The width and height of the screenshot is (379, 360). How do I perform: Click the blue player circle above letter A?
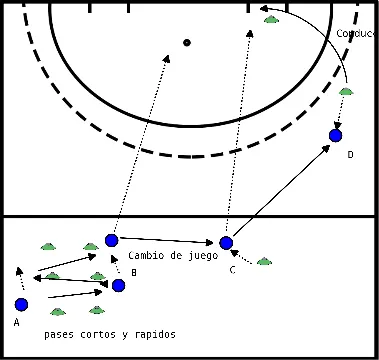coord(21,304)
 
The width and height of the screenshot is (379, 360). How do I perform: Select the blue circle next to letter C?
coord(226,243)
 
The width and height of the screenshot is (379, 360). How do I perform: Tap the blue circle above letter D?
coord(335,135)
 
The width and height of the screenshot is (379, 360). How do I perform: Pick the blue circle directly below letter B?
coord(118,286)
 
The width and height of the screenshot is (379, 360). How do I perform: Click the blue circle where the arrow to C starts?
coord(111,240)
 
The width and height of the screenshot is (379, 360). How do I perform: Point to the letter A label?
coord(17,323)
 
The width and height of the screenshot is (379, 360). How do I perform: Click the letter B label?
coord(133,271)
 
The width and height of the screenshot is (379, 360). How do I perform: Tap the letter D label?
coord(350,155)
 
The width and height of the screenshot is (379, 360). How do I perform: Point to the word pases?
coord(60,334)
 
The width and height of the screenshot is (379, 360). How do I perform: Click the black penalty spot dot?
coord(186,42)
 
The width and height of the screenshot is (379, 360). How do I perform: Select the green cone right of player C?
coord(264,262)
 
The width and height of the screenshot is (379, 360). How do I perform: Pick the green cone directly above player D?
coord(346,92)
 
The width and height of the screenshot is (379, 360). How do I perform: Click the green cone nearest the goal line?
coord(270,20)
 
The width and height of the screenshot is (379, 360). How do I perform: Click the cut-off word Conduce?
coord(357,33)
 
